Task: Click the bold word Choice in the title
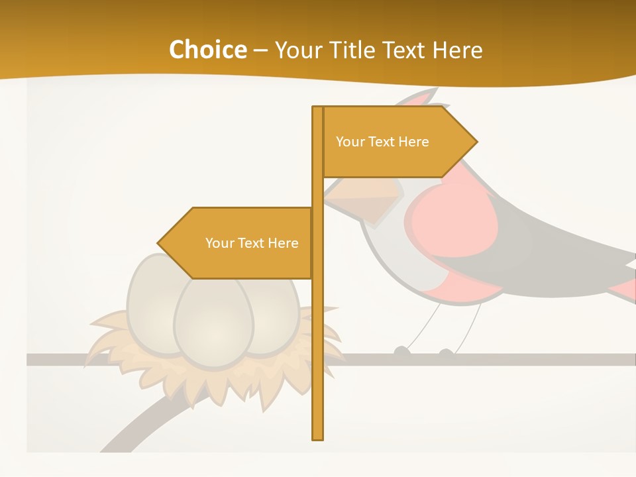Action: tap(207, 50)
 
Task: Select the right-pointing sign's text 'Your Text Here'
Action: tap(382, 142)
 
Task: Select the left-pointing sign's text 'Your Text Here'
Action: tap(252, 243)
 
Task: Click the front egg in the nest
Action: tap(213, 321)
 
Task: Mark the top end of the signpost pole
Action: tap(318, 109)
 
